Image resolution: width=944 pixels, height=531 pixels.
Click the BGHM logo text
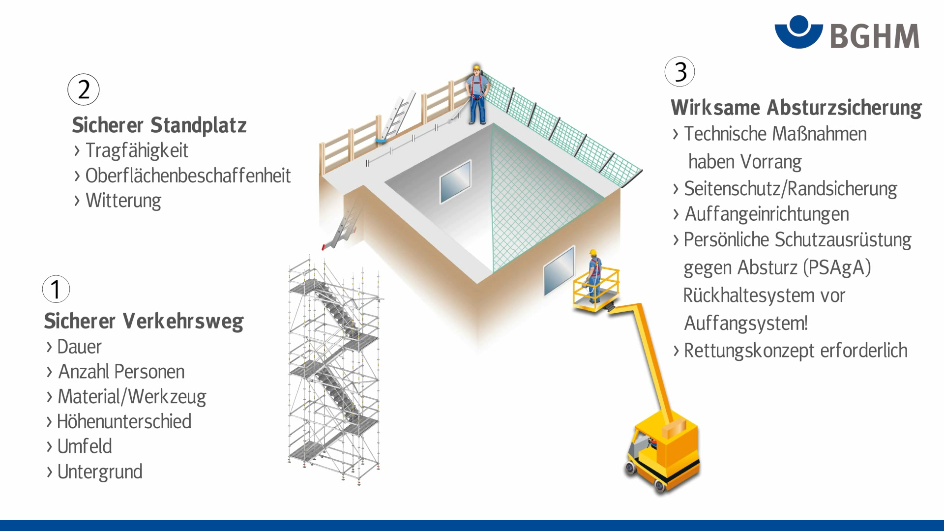(874, 36)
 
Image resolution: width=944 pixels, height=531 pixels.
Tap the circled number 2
(84, 89)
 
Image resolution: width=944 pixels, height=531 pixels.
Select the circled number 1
(56, 289)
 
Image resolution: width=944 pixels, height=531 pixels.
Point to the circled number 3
(679, 72)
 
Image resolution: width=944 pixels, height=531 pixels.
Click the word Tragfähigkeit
(137, 150)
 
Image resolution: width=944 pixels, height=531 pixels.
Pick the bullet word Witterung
(123, 201)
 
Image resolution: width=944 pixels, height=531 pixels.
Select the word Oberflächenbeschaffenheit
(188, 176)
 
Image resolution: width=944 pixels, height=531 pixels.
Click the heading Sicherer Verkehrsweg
(144, 321)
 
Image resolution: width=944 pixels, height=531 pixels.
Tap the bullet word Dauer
(79, 347)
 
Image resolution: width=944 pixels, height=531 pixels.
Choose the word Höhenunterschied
(124, 422)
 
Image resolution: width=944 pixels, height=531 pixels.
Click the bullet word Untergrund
(100, 472)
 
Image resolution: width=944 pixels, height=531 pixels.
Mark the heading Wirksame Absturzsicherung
(796, 108)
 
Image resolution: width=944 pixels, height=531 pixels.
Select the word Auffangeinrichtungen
(767, 214)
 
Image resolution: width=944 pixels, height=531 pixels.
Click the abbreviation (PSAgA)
(837, 268)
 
